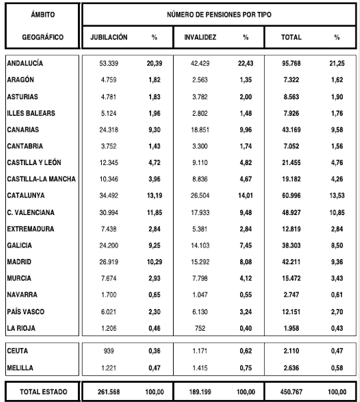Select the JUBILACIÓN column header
click(x=109, y=37)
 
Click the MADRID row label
click(x=19, y=262)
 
